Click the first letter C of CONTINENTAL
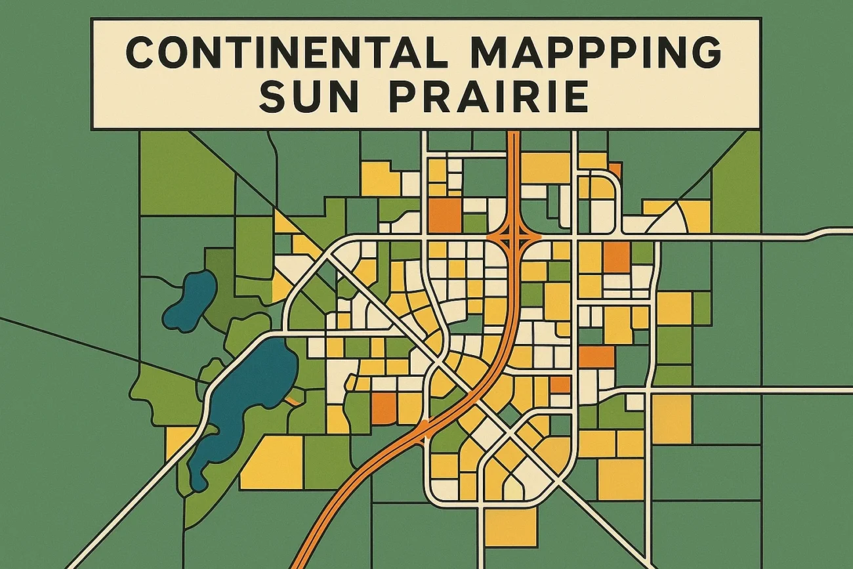coord(141,53)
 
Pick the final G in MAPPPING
coord(705,53)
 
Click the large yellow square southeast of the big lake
coord(272,462)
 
